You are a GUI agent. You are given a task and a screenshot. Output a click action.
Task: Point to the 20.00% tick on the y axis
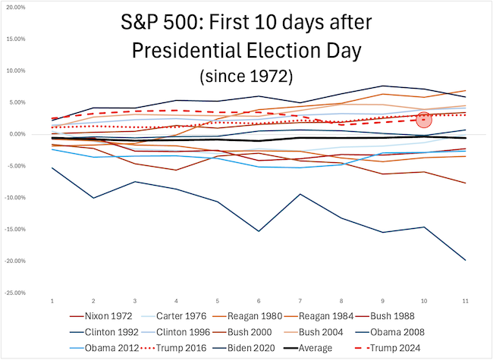(x=16, y=8)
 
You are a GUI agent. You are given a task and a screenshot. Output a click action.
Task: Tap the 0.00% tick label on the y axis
(x=17, y=134)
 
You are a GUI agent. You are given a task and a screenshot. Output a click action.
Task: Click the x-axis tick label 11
(x=463, y=301)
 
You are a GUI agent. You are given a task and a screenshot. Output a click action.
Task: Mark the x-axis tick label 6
(x=258, y=301)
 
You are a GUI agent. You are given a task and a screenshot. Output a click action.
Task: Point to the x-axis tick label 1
(x=52, y=301)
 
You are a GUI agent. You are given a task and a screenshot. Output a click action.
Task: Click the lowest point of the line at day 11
(x=463, y=260)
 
